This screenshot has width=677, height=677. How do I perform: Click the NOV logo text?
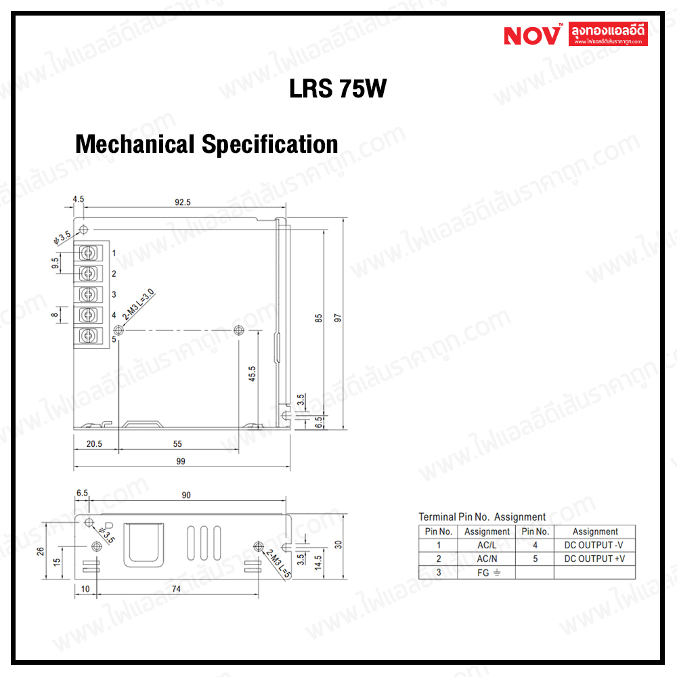(x=532, y=35)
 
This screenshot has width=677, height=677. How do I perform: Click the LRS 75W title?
(x=337, y=89)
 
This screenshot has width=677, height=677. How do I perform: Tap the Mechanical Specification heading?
(x=206, y=144)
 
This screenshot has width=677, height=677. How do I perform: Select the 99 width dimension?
(x=181, y=461)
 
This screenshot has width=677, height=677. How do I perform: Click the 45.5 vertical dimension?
(x=252, y=374)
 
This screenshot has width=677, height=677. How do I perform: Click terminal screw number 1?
(x=87, y=253)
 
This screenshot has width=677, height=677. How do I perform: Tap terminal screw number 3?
(x=87, y=294)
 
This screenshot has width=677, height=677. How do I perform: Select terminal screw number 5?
(x=87, y=336)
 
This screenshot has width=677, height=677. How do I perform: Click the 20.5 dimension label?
(x=94, y=444)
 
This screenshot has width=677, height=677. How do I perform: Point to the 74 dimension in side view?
(x=176, y=589)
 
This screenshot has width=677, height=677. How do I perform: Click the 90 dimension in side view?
(x=186, y=496)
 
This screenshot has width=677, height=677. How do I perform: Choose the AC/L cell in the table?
(x=486, y=545)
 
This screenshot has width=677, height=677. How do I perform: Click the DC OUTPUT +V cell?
(x=594, y=559)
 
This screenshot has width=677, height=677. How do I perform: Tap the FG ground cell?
(x=486, y=572)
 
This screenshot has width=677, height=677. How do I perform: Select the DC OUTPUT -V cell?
(x=594, y=545)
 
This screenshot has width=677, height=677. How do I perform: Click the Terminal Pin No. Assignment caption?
(x=482, y=517)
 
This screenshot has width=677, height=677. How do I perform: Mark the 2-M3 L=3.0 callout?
(x=138, y=305)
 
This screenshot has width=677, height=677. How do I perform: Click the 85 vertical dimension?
(x=318, y=318)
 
